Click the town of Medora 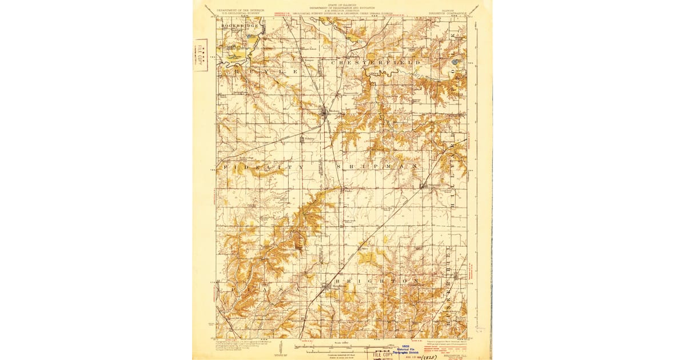[x=325, y=113]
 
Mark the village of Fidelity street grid [x=306, y=139]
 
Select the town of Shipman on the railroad [x=424, y=186]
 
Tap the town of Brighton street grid [x=326, y=287]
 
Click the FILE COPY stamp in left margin [x=201, y=56]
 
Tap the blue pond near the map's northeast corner [x=456, y=60]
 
